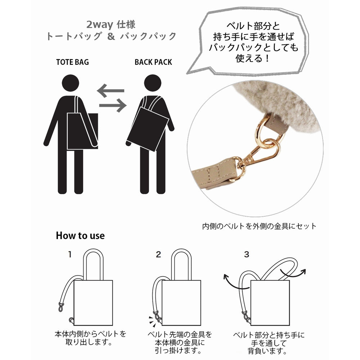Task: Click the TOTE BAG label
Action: [x=72, y=62]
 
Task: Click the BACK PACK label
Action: [x=153, y=62]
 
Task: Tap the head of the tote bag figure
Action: [x=71, y=83]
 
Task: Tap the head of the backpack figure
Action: [x=153, y=83]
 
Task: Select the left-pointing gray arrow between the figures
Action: [x=111, y=91]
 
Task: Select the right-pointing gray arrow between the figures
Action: [x=113, y=105]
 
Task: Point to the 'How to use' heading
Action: [x=80, y=236]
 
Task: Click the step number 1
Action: [x=70, y=255]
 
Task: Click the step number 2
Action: [x=158, y=255]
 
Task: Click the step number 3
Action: [x=246, y=255]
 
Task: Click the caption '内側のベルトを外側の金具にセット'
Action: [x=259, y=226]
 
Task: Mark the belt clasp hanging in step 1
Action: [x=61, y=307]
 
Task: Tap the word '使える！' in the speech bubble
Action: [x=252, y=58]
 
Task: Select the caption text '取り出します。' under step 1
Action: [x=89, y=342]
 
